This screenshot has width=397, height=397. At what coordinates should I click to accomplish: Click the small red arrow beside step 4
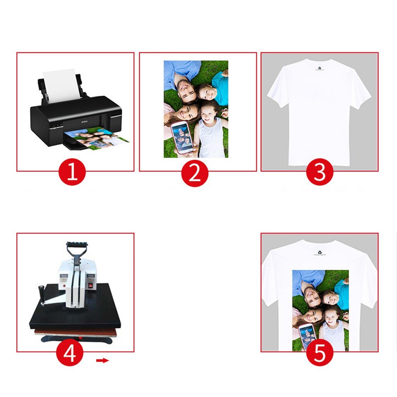pyautogui.click(x=103, y=361)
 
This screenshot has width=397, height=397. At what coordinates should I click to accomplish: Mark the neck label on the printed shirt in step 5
pyautogui.click(x=319, y=253)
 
